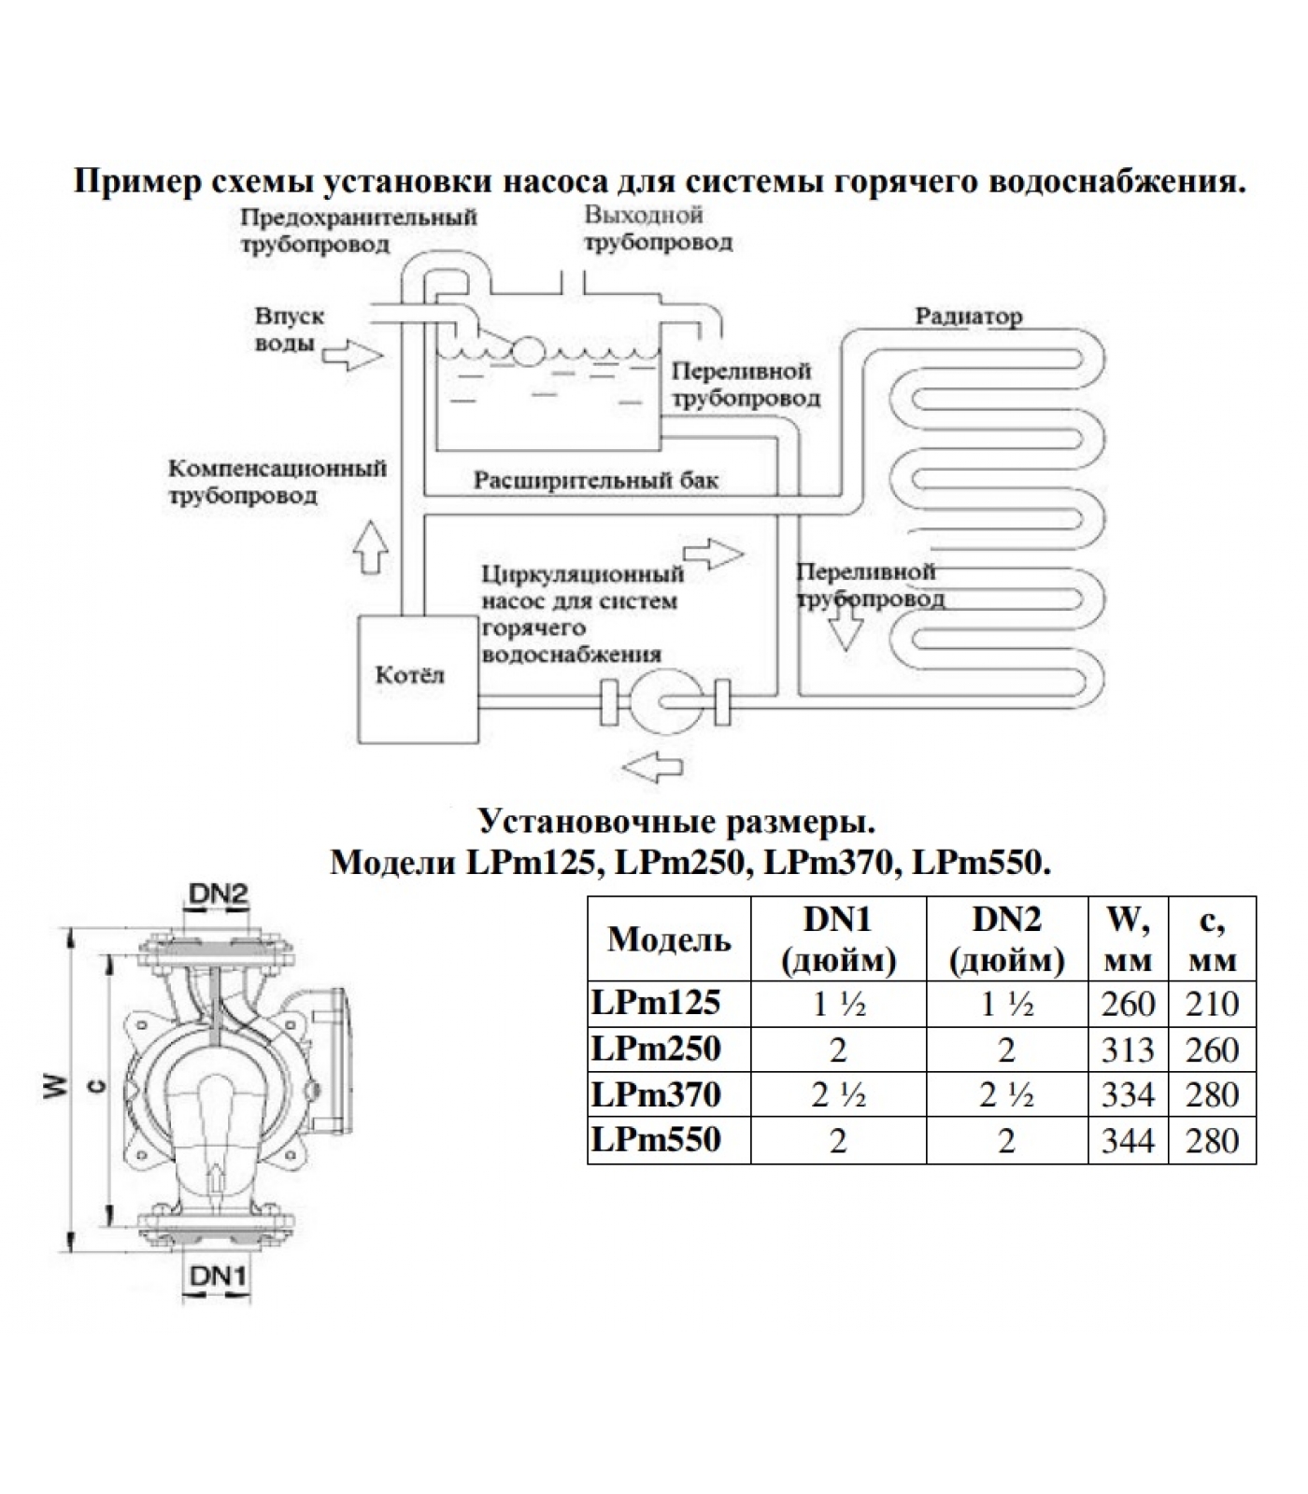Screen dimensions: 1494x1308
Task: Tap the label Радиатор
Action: pyautogui.click(x=968, y=317)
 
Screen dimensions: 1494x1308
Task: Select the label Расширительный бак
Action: pyautogui.click(x=596, y=481)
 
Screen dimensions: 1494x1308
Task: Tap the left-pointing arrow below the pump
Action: pyautogui.click(x=651, y=768)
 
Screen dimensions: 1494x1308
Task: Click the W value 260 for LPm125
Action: pyautogui.click(x=1128, y=1004)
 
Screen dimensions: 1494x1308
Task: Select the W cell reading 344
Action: pyautogui.click(x=1128, y=1140)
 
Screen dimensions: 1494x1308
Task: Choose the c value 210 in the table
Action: pyautogui.click(x=1212, y=1004)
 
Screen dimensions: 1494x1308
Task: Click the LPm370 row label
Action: pyautogui.click(x=656, y=1094)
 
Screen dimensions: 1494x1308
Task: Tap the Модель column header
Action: pyautogui.click(x=669, y=939)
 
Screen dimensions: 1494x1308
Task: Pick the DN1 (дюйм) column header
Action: pyautogui.click(x=838, y=939)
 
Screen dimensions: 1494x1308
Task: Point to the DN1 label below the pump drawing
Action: pyautogui.click(x=218, y=1276)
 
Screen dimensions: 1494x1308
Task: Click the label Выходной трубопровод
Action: pyautogui.click(x=658, y=229)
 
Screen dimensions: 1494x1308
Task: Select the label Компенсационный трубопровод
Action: pyautogui.click(x=277, y=481)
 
